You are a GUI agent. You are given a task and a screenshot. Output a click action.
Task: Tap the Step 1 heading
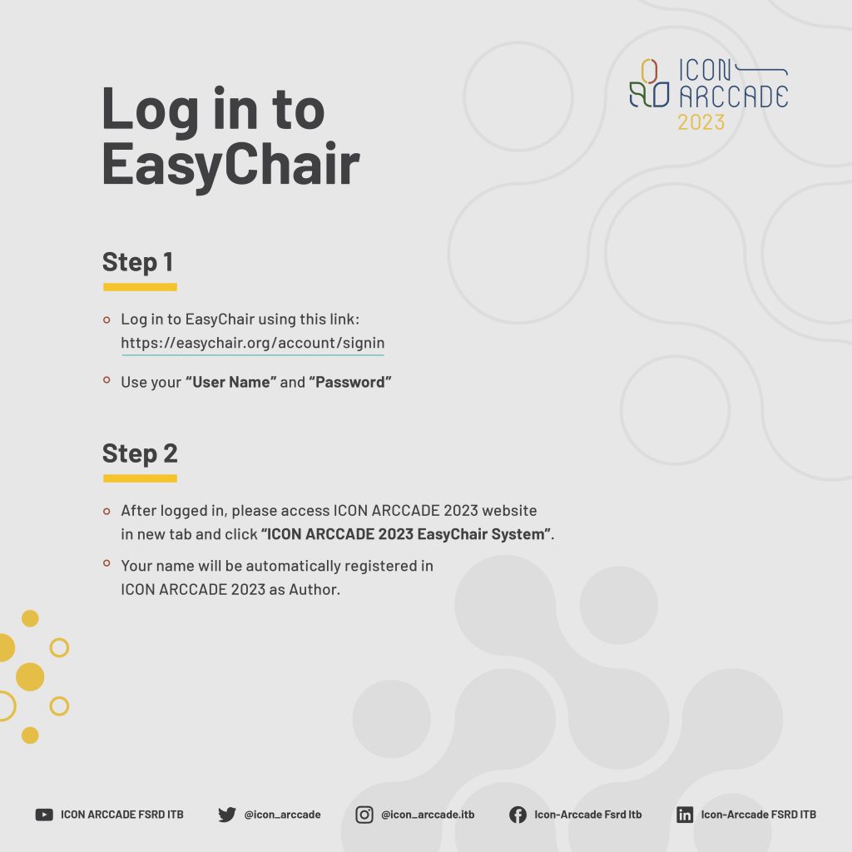pyautogui.click(x=138, y=262)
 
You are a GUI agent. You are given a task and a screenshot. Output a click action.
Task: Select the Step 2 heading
pyautogui.click(x=140, y=453)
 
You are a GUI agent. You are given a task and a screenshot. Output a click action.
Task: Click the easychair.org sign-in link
pyautogui.click(x=253, y=343)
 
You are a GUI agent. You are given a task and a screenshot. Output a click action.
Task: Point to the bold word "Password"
pyautogui.click(x=350, y=382)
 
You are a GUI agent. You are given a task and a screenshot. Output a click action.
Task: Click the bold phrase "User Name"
pyautogui.click(x=231, y=382)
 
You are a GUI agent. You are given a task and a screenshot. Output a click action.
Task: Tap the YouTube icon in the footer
pyautogui.click(x=44, y=815)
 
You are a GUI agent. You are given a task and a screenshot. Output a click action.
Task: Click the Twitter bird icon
pyautogui.click(x=227, y=815)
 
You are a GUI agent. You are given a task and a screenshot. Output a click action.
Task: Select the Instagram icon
pyautogui.click(x=364, y=815)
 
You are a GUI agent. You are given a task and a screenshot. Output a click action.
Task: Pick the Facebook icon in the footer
pyautogui.click(x=518, y=815)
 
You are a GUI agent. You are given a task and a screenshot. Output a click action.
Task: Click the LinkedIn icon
pyautogui.click(x=685, y=815)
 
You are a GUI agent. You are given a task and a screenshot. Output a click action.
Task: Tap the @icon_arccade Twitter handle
pyautogui.click(x=283, y=815)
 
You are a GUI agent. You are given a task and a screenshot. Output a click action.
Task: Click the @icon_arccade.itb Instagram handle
pyautogui.click(x=428, y=815)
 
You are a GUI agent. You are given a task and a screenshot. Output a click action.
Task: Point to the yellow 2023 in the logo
pyautogui.click(x=701, y=122)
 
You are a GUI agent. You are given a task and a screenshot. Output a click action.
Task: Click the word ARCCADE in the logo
pyautogui.click(x=734, y=97)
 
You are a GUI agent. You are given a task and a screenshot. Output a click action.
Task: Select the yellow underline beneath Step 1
pyautogui.click(x=140, y=287)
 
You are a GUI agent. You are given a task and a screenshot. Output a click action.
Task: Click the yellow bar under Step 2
pyautogui.click(x=140, y=478)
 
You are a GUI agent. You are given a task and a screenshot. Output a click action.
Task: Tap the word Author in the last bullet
pyautogui.click(x=314, y=590)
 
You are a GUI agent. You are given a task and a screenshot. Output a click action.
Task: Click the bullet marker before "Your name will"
pyautogui.click(x=106, y=563)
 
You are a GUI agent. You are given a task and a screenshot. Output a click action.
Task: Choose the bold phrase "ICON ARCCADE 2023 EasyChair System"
pyautogui.click(x=406, y=534)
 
